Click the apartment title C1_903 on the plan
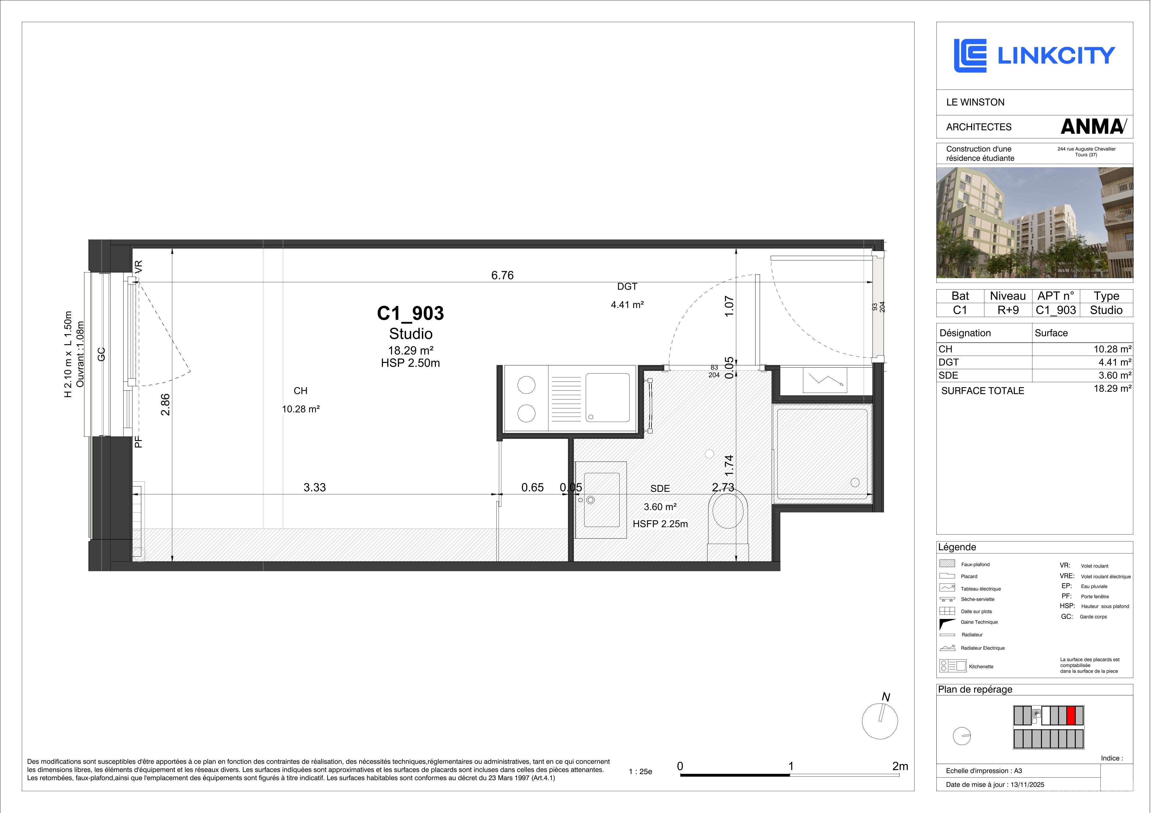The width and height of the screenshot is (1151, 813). [410, 313]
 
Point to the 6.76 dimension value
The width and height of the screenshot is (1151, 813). [502, 275]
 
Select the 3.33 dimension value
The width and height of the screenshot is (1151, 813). [315, 487]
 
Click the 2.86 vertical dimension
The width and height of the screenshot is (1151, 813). [165, 405]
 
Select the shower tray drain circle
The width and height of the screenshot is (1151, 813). [855, 483]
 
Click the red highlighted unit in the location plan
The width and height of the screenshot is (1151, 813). [1071, 715]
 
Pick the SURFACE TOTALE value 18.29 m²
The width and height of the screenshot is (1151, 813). [1112, 388]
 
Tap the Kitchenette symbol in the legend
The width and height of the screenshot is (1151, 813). [952, 666]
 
